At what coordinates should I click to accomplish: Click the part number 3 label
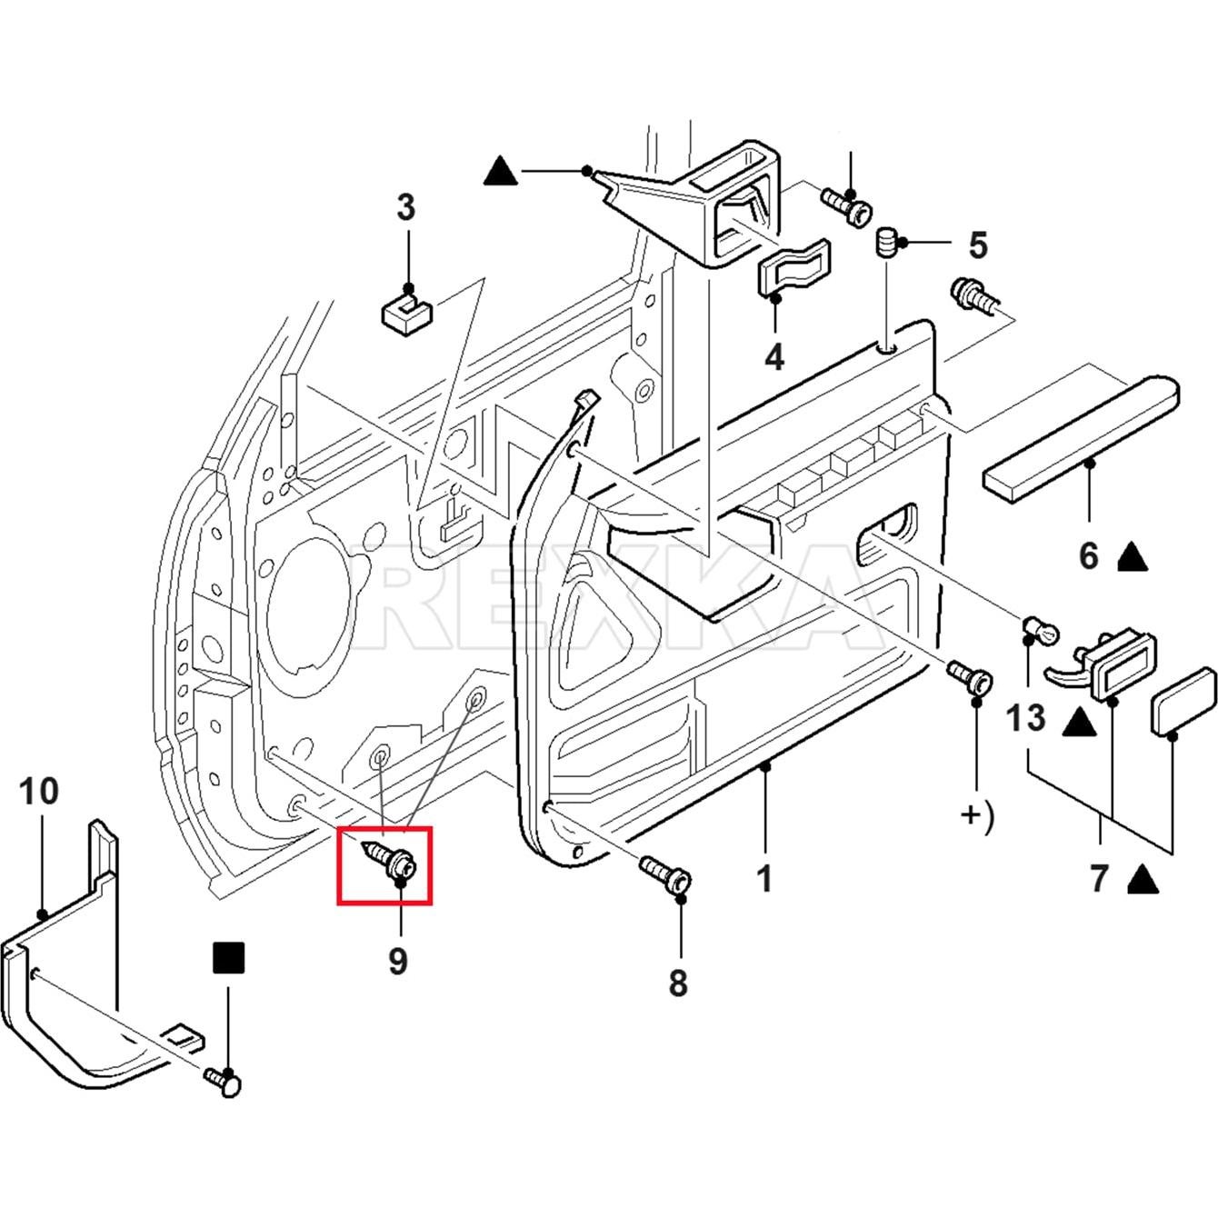(405, 207)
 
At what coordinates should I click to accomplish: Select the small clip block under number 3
(404, 314)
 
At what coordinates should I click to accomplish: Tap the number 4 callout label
(774, 357)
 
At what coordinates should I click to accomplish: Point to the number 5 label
(977, 245)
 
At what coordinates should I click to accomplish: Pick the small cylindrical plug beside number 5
(886, 243)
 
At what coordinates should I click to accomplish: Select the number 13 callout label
(1026, 719)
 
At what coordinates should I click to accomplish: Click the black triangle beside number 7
(1143, 880)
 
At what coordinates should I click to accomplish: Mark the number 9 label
(398, 961)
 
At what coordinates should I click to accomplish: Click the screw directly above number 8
(667, 874)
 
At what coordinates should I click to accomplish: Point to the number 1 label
(764, 879)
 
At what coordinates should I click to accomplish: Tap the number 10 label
(39, 792)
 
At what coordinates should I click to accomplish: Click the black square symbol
(229, 958)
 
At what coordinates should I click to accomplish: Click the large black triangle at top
(501, 171)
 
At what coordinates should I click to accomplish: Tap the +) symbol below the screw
(977, 815)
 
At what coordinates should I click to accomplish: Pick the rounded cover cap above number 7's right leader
(1183, 701)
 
